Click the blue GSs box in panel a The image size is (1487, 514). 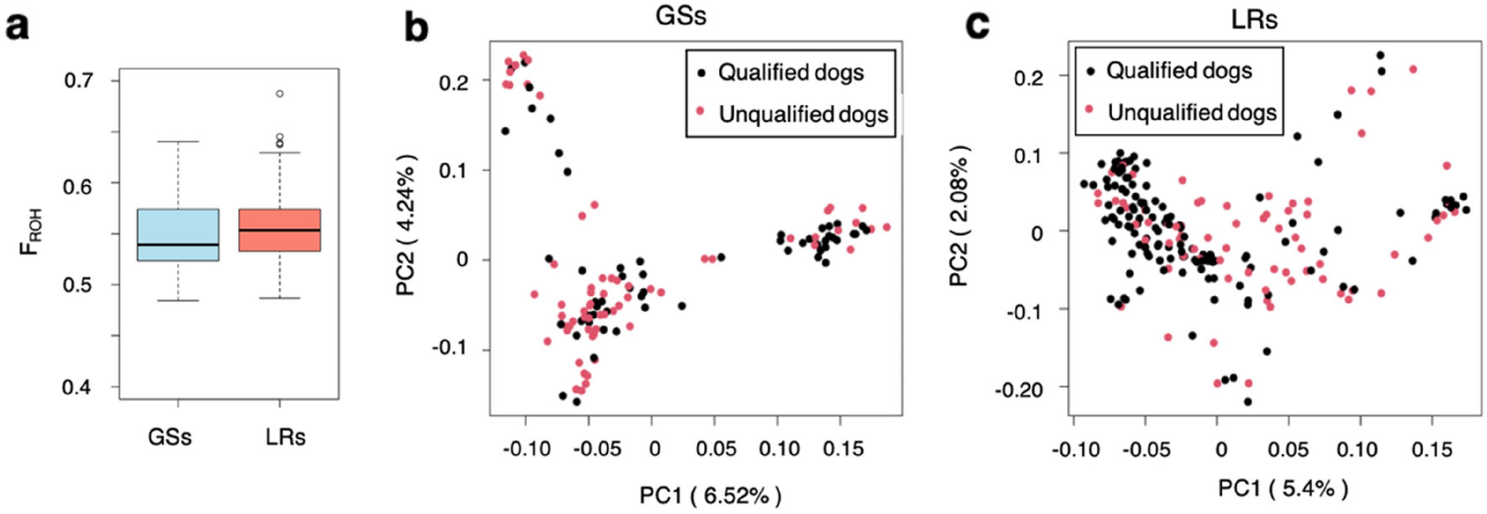tap(177, 234)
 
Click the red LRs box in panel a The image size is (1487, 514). tap(279, 230)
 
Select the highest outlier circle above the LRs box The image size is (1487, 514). tap(280, 93)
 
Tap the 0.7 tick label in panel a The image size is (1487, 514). tap(78, 81)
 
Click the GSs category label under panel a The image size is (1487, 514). tap(169, 437)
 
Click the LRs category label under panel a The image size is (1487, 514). tap(285, 437)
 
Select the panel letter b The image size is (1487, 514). tap(416, 27)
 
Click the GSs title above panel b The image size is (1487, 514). tap(680, 16)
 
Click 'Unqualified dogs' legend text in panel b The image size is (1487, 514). tap(802, 114)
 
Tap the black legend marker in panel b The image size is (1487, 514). tap(701, 73)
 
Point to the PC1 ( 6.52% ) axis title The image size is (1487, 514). tap(710, 495)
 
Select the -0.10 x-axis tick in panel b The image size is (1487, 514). tap(527, 448)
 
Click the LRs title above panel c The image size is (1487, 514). tap(1253, 19)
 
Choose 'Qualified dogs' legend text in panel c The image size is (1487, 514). tap(1178, 71)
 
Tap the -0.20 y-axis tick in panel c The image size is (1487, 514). tap(1019, 390)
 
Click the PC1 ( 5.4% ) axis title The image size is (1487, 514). tap(1283, 488)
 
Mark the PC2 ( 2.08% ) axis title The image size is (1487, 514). tap(959, 217)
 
